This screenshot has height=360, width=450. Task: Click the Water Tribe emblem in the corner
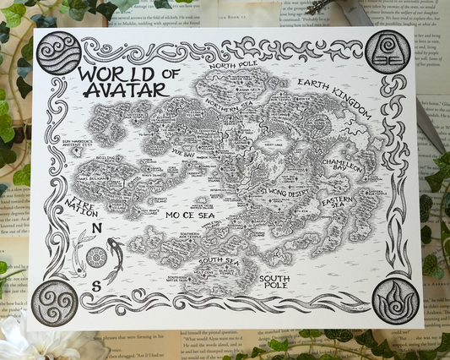point(57,52)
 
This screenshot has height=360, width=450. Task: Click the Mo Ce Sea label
point(191,215)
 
